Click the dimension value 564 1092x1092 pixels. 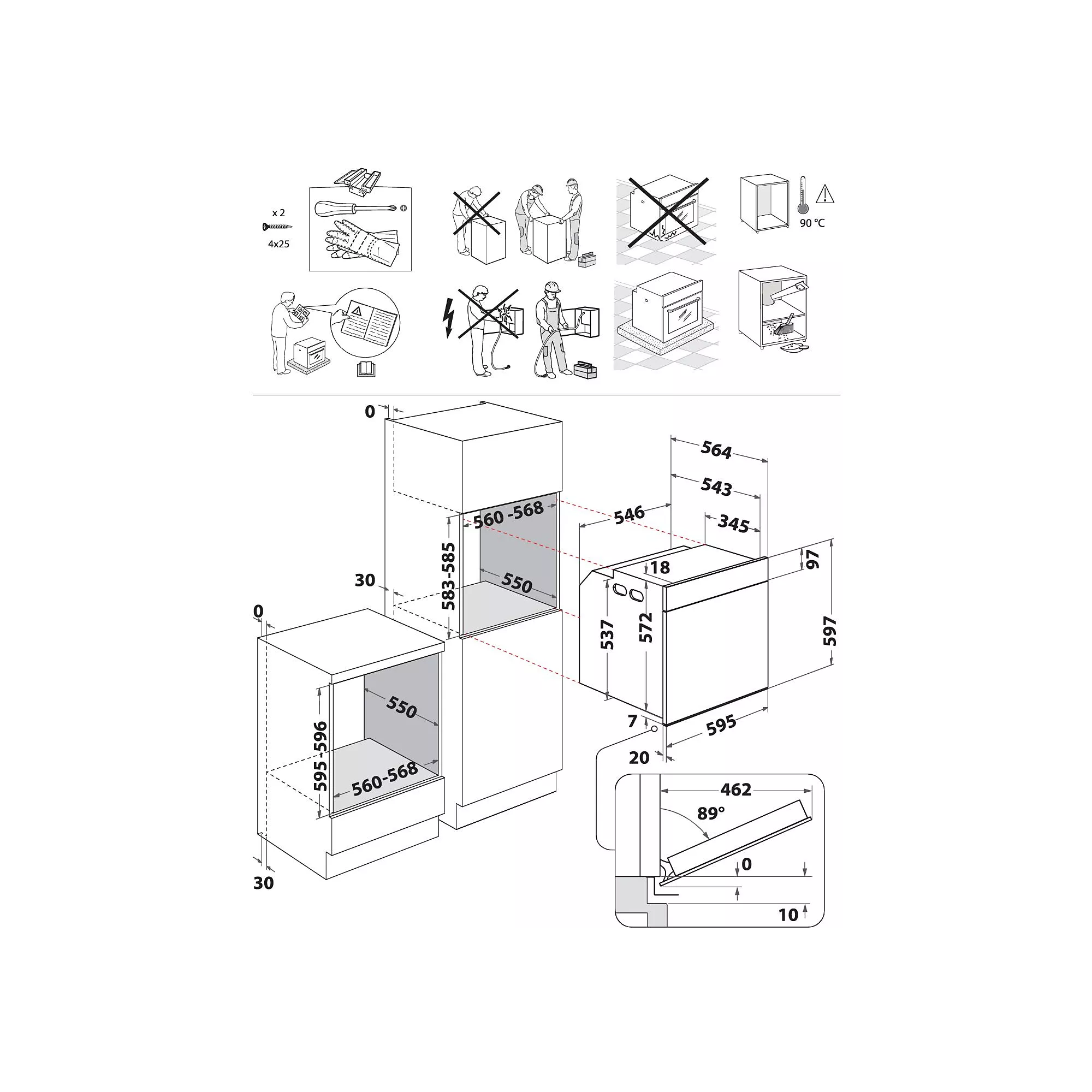tap(716, 450)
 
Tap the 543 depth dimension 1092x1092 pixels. tap(716, 486)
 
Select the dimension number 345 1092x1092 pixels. tap(733, 525)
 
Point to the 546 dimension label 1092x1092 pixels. tap(629, 514)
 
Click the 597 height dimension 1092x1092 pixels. tap(830, 631)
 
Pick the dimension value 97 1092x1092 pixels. tap(813, 560)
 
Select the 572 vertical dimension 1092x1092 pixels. tap(645, 627)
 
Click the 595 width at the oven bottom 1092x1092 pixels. tap(721, 725)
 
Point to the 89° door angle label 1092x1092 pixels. tap(710, 814)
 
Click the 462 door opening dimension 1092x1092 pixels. tap(735, 790)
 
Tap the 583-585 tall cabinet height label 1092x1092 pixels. tap(448, 576)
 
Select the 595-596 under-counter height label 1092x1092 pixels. tap(320, 756)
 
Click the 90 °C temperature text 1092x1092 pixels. tap(812, 223)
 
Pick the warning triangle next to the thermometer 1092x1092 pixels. tap(825, 194)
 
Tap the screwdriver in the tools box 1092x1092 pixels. tap(357, 208)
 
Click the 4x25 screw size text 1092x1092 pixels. tap(278, 244)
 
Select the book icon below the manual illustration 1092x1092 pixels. tap(366, 370)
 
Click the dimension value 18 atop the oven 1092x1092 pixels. tap(660, 567)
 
